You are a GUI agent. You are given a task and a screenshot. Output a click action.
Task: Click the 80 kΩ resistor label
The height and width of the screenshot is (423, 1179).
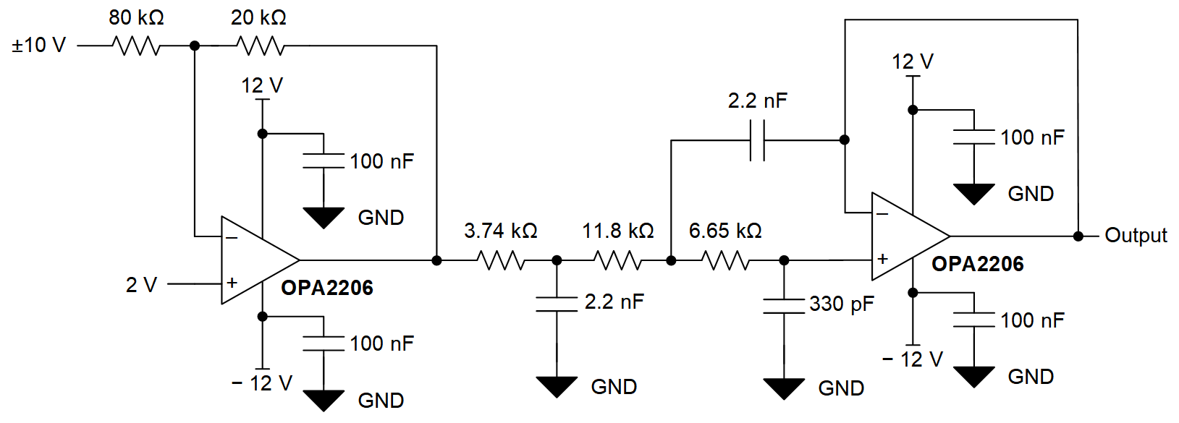pos(136,17)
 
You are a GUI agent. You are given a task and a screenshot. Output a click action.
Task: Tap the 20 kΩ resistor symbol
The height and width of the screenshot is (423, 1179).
pos(261,46)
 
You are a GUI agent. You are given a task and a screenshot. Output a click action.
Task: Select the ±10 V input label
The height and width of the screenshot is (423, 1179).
pos(38,46)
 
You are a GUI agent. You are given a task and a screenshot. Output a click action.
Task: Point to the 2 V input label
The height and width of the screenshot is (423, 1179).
pos(141,285)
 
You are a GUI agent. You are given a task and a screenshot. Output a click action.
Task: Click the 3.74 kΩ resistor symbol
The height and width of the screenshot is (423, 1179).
pos(501,260)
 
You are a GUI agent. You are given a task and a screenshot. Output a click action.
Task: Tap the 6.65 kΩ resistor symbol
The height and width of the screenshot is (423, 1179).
pos(726,260)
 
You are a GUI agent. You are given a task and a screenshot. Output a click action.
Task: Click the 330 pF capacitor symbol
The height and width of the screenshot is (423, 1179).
pos(784,306)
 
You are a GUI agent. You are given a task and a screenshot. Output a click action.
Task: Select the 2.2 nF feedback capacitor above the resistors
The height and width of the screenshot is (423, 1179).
pos(757,140)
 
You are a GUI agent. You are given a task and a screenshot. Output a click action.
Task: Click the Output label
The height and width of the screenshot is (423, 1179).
pos(1136,236)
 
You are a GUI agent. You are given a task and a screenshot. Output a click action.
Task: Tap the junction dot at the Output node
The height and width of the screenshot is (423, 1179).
pos(1078,236)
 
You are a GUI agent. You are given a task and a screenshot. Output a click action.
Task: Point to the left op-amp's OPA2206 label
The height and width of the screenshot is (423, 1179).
pos(327,288)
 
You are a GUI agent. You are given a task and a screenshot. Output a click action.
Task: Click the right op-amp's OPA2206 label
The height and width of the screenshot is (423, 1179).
pos(977,264)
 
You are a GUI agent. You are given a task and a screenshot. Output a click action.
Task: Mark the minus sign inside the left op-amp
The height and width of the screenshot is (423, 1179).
pos(232,237)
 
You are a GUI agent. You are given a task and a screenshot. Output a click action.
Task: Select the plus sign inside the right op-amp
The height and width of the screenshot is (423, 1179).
pos(882,258)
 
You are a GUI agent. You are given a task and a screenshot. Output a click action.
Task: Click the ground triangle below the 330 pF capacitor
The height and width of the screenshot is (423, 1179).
pos(784,388)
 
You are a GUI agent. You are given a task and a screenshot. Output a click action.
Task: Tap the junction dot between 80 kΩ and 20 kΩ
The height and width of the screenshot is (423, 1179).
pos(194,46)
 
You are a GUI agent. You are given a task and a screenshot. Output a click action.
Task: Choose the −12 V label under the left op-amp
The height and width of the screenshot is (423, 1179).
pos(262,383)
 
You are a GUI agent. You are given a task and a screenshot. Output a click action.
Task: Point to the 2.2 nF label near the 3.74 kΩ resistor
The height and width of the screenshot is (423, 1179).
pos(614,302)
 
